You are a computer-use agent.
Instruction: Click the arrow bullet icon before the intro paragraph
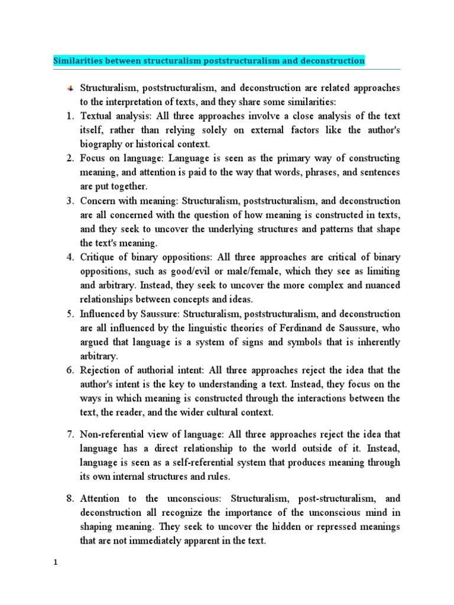(x=69, y=88)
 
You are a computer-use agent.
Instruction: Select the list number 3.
(x=69, y=201)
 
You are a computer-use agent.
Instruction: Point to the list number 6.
(x=69, y=370)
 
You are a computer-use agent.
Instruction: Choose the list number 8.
(x=69, y=498)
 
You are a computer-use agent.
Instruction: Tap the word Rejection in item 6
(x=101, y=370)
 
